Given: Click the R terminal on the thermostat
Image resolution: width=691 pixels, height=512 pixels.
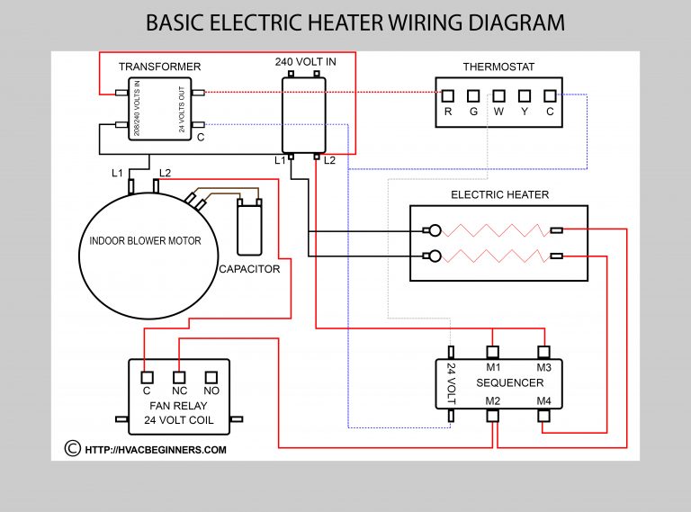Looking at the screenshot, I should (x=448, y=94).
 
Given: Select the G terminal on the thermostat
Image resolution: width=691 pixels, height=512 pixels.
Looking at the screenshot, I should (x=473, y=94).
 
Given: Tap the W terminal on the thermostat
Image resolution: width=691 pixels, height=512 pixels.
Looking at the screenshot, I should (x=498, y=94).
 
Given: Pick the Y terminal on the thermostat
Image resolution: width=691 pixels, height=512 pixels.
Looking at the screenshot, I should (x=525, y=94).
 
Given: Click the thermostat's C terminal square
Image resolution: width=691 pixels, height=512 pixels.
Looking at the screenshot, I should (x=550, y=94).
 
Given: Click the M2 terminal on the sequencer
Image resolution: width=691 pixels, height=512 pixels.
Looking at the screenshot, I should (x=493, y=416).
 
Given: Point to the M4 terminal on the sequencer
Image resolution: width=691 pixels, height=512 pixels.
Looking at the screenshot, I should (x=543, y=416).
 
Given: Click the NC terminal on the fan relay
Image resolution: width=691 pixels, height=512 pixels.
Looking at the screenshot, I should (x=179, y=376).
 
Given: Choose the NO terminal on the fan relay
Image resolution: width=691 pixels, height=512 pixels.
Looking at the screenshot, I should (x=212, y=376).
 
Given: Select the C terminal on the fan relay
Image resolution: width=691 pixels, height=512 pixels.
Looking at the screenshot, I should (x=146, y=376).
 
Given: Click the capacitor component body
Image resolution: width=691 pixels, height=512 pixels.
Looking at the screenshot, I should (x=247, y=229).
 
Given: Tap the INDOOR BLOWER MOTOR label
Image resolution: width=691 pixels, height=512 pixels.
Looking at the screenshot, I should (x=145, y=241).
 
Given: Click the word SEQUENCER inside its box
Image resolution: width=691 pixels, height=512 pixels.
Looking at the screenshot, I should (x=517, y=382).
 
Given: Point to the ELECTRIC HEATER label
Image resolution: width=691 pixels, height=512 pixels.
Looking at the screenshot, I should (x=499, y=194).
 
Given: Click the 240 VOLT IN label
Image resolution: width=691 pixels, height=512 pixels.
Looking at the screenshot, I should (x=305, y=62).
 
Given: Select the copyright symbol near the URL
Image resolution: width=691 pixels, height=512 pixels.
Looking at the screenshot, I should (x=73, y=448).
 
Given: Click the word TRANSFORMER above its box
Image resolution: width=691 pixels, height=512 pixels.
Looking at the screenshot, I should (x=159, y=67).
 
